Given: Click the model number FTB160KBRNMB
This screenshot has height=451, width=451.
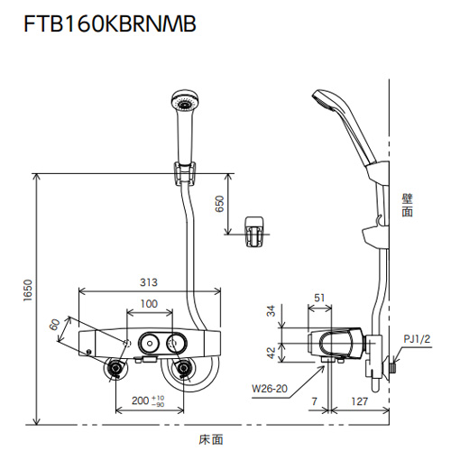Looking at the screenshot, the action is pyautogui.click(x=110, y=23).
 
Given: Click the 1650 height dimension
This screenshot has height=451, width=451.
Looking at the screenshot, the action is pyautogui.click(x=28, y=290).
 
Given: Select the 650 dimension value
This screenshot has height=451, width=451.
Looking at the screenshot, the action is pyautogui.click(x=220, y=204).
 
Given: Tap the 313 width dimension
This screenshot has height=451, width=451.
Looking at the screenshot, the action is pyautogui.click(x=149, y=282).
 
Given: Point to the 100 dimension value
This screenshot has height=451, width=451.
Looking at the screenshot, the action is pyautogui.click(x=149, y=304).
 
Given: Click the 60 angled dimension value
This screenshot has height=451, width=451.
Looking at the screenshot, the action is pyautogui.click(x=55, y=325).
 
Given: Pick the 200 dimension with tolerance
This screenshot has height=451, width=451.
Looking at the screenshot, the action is pyautogui.click(x=148, y=400).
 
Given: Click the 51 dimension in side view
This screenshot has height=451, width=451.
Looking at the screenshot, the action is pyautogui.click(x=319, y=298).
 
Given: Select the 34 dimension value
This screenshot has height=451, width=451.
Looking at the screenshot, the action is pyautogui.click(x=272, y=310).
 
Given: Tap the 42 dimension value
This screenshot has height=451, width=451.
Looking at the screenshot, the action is pyautogui.click(x=272, y=353).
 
